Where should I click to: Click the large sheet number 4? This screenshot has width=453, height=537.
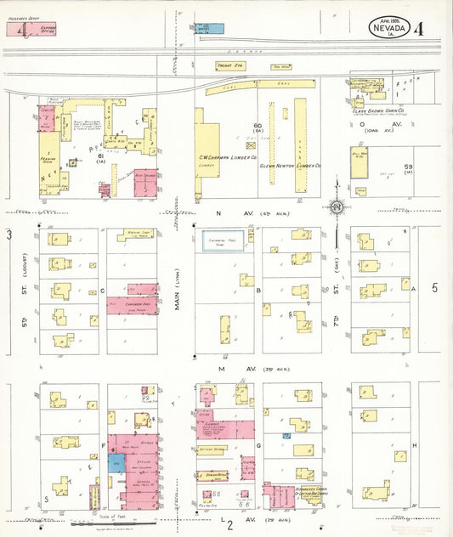click(418, 28)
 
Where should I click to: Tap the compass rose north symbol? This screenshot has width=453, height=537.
click(337, 206)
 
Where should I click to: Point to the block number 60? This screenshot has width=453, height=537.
click(257, 126)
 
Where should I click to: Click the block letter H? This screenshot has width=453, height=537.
click(414, 445)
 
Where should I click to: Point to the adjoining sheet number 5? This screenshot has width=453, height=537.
click(435, 287)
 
